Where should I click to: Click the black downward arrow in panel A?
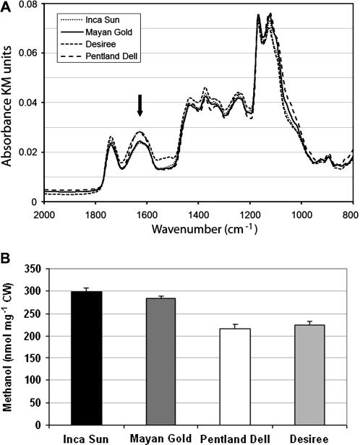[x=140, y=105]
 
